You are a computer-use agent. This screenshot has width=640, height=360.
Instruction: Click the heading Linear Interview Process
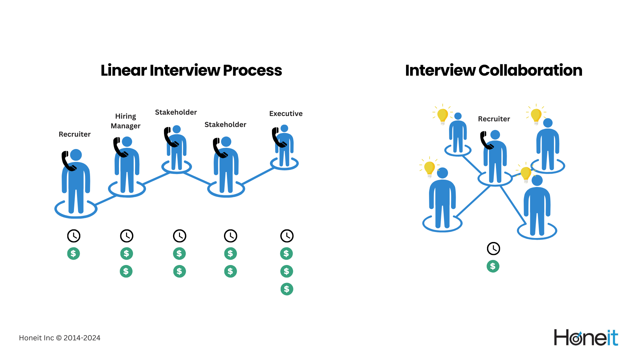tap(191, 70)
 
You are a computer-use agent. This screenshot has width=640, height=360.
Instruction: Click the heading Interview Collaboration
tap(493, 70)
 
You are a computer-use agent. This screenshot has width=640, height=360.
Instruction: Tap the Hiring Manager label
tap(125, 121)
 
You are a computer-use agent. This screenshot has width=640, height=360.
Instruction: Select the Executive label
tap(286, 114)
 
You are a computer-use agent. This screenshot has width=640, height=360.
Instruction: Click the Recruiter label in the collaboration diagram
tap(494, 119)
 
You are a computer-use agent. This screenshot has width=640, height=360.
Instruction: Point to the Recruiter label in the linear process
tap(74, 134)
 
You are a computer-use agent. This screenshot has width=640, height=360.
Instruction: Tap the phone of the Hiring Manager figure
tap(120, 147)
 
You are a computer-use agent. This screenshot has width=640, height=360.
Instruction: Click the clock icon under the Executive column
tap(287, 236)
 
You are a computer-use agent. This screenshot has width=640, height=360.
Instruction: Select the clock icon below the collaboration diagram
tap(493, 249)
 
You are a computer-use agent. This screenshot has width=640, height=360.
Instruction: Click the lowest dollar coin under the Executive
tap(287, 289)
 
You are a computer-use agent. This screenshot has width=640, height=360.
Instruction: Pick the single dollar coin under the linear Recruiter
tap(73, 254)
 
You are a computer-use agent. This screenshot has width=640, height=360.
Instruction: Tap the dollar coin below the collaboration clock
tap(493, 266)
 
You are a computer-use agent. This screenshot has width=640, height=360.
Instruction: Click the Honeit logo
tap(586, 338)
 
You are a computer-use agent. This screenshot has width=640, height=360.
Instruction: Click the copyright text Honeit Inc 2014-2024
tap(60, 338)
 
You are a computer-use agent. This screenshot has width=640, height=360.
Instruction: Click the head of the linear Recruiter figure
tap(76, 155)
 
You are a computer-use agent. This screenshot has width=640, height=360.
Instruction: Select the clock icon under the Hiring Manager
tap(127, 236)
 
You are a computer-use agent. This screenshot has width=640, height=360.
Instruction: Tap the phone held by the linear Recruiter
tap(68, 161)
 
